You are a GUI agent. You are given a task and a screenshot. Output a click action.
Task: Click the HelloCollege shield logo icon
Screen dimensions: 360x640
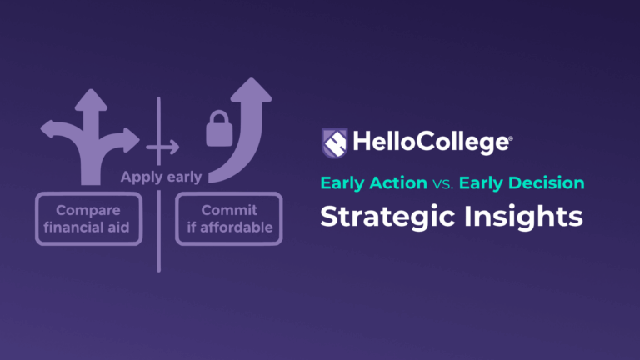coord(335,142)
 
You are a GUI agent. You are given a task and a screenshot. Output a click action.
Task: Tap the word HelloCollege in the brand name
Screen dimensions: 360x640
coord(430,142)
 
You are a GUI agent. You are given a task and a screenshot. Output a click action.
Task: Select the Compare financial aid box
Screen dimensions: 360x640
coord(88,219)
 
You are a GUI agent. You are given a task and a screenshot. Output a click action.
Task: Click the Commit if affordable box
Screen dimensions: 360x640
coord(229,219)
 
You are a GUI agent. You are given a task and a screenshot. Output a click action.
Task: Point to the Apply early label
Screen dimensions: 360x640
coord(161,177)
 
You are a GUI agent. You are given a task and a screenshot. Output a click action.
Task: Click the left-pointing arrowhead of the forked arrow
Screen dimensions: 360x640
coord(48,129)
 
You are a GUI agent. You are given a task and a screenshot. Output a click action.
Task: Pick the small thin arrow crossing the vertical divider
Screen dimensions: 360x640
coord(163,147)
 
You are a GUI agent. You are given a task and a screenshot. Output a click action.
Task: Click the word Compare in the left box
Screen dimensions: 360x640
coord(88,210)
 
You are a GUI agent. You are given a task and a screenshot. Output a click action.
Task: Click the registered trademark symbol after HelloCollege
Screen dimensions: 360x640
coord(511,135)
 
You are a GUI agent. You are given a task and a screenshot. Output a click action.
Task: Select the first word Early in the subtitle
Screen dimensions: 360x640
coord(344,182)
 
